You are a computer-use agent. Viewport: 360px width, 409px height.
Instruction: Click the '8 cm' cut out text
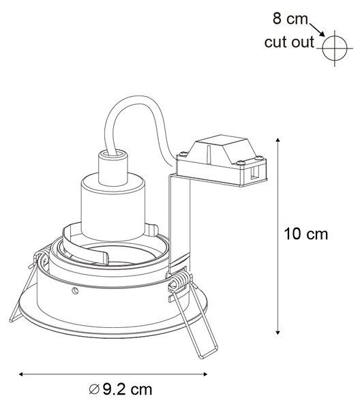click(x=290, y=19)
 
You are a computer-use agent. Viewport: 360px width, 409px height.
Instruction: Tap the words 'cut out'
click(x=289, y=42)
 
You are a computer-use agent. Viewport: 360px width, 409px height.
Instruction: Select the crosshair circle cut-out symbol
click(x=335, y=48)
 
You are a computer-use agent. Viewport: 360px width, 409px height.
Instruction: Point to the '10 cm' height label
click(x=305, y=234)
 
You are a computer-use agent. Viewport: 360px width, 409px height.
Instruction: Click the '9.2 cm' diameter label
click(x=127, y=390)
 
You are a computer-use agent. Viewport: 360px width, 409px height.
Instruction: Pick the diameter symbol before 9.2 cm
click(x=94, y=390)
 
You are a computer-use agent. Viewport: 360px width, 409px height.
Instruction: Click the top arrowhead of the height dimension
click(x=277, y=140)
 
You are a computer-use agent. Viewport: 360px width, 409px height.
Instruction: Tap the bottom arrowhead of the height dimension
click(x=277, y=332)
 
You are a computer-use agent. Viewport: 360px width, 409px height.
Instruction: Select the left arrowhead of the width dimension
click(x=21, y=374)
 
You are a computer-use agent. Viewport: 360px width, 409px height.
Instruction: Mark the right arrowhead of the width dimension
click(x=205, y=374)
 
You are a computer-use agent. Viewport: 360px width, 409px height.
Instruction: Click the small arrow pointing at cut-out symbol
click(x=317, y=30)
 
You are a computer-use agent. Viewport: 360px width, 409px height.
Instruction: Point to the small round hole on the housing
click(x=75, y=290)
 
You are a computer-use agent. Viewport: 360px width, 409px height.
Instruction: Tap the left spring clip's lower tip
click(x=11, y=320)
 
